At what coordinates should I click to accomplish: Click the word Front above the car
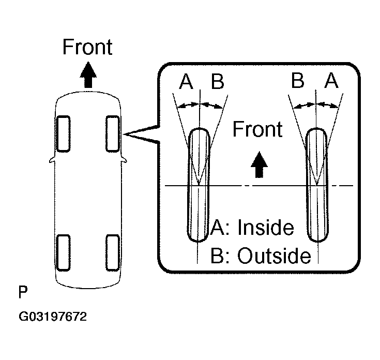(x=87, y=47)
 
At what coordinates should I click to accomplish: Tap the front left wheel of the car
(x=63, y=133)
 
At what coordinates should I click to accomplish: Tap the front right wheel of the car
(x=113, y=133)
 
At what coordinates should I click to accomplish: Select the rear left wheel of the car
(x=63, y=252)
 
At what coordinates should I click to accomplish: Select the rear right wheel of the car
(x=113, y=252)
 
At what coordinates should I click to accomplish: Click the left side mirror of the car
(x=50, y=161)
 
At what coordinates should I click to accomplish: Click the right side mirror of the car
(x=125, y=161)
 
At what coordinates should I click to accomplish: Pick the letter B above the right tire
(x=297, y=81)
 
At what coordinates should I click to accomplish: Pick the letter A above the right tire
(x=331, y=81)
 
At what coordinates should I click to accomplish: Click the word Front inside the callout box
(x=257, y=129)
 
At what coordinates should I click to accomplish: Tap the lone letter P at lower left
(x=22, y=293)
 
